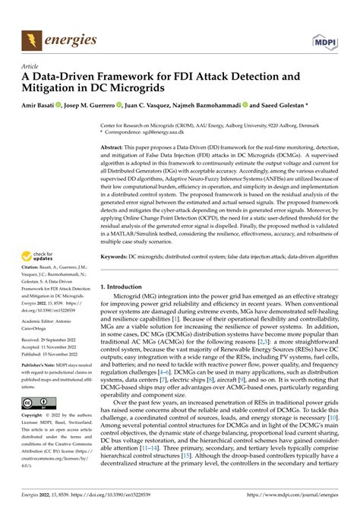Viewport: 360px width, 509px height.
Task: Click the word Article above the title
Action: (32, 66)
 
